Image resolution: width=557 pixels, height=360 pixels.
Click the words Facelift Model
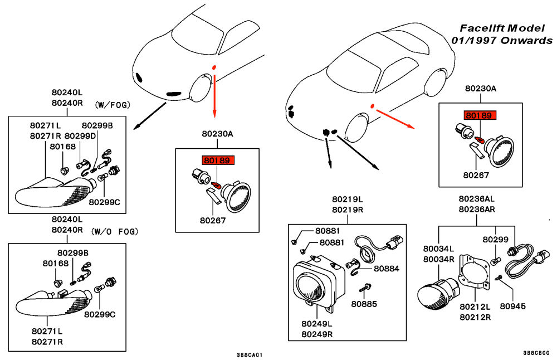505,28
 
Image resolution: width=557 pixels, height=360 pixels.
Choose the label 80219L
348,199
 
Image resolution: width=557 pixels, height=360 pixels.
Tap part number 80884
387,268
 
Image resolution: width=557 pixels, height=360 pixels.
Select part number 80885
364,304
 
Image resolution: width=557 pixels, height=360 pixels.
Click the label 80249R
317,334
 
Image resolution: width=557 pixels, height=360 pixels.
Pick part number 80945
513,306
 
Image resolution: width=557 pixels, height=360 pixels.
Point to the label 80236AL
477,199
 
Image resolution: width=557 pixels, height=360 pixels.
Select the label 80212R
475,317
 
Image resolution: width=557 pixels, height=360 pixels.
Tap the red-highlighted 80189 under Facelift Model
479,116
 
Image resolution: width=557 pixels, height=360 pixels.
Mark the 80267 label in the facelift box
476,174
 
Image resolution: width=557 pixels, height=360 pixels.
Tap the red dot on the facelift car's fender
372,106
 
